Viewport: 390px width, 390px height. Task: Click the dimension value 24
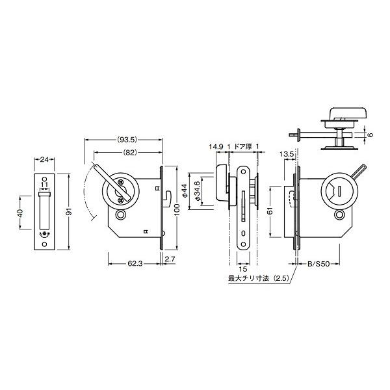[44, 160]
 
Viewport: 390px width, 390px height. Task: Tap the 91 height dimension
[69, 211]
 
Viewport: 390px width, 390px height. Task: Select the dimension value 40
[20, 213]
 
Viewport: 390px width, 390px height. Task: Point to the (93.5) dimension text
[127, 140]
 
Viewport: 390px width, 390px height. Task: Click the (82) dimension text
[130, 153]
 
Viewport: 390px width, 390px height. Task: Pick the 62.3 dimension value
[135, 264]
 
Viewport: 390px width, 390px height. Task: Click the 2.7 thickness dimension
[170, 259]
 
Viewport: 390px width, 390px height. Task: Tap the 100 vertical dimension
[177, 209]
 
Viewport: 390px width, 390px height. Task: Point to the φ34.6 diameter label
[197, 191]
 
